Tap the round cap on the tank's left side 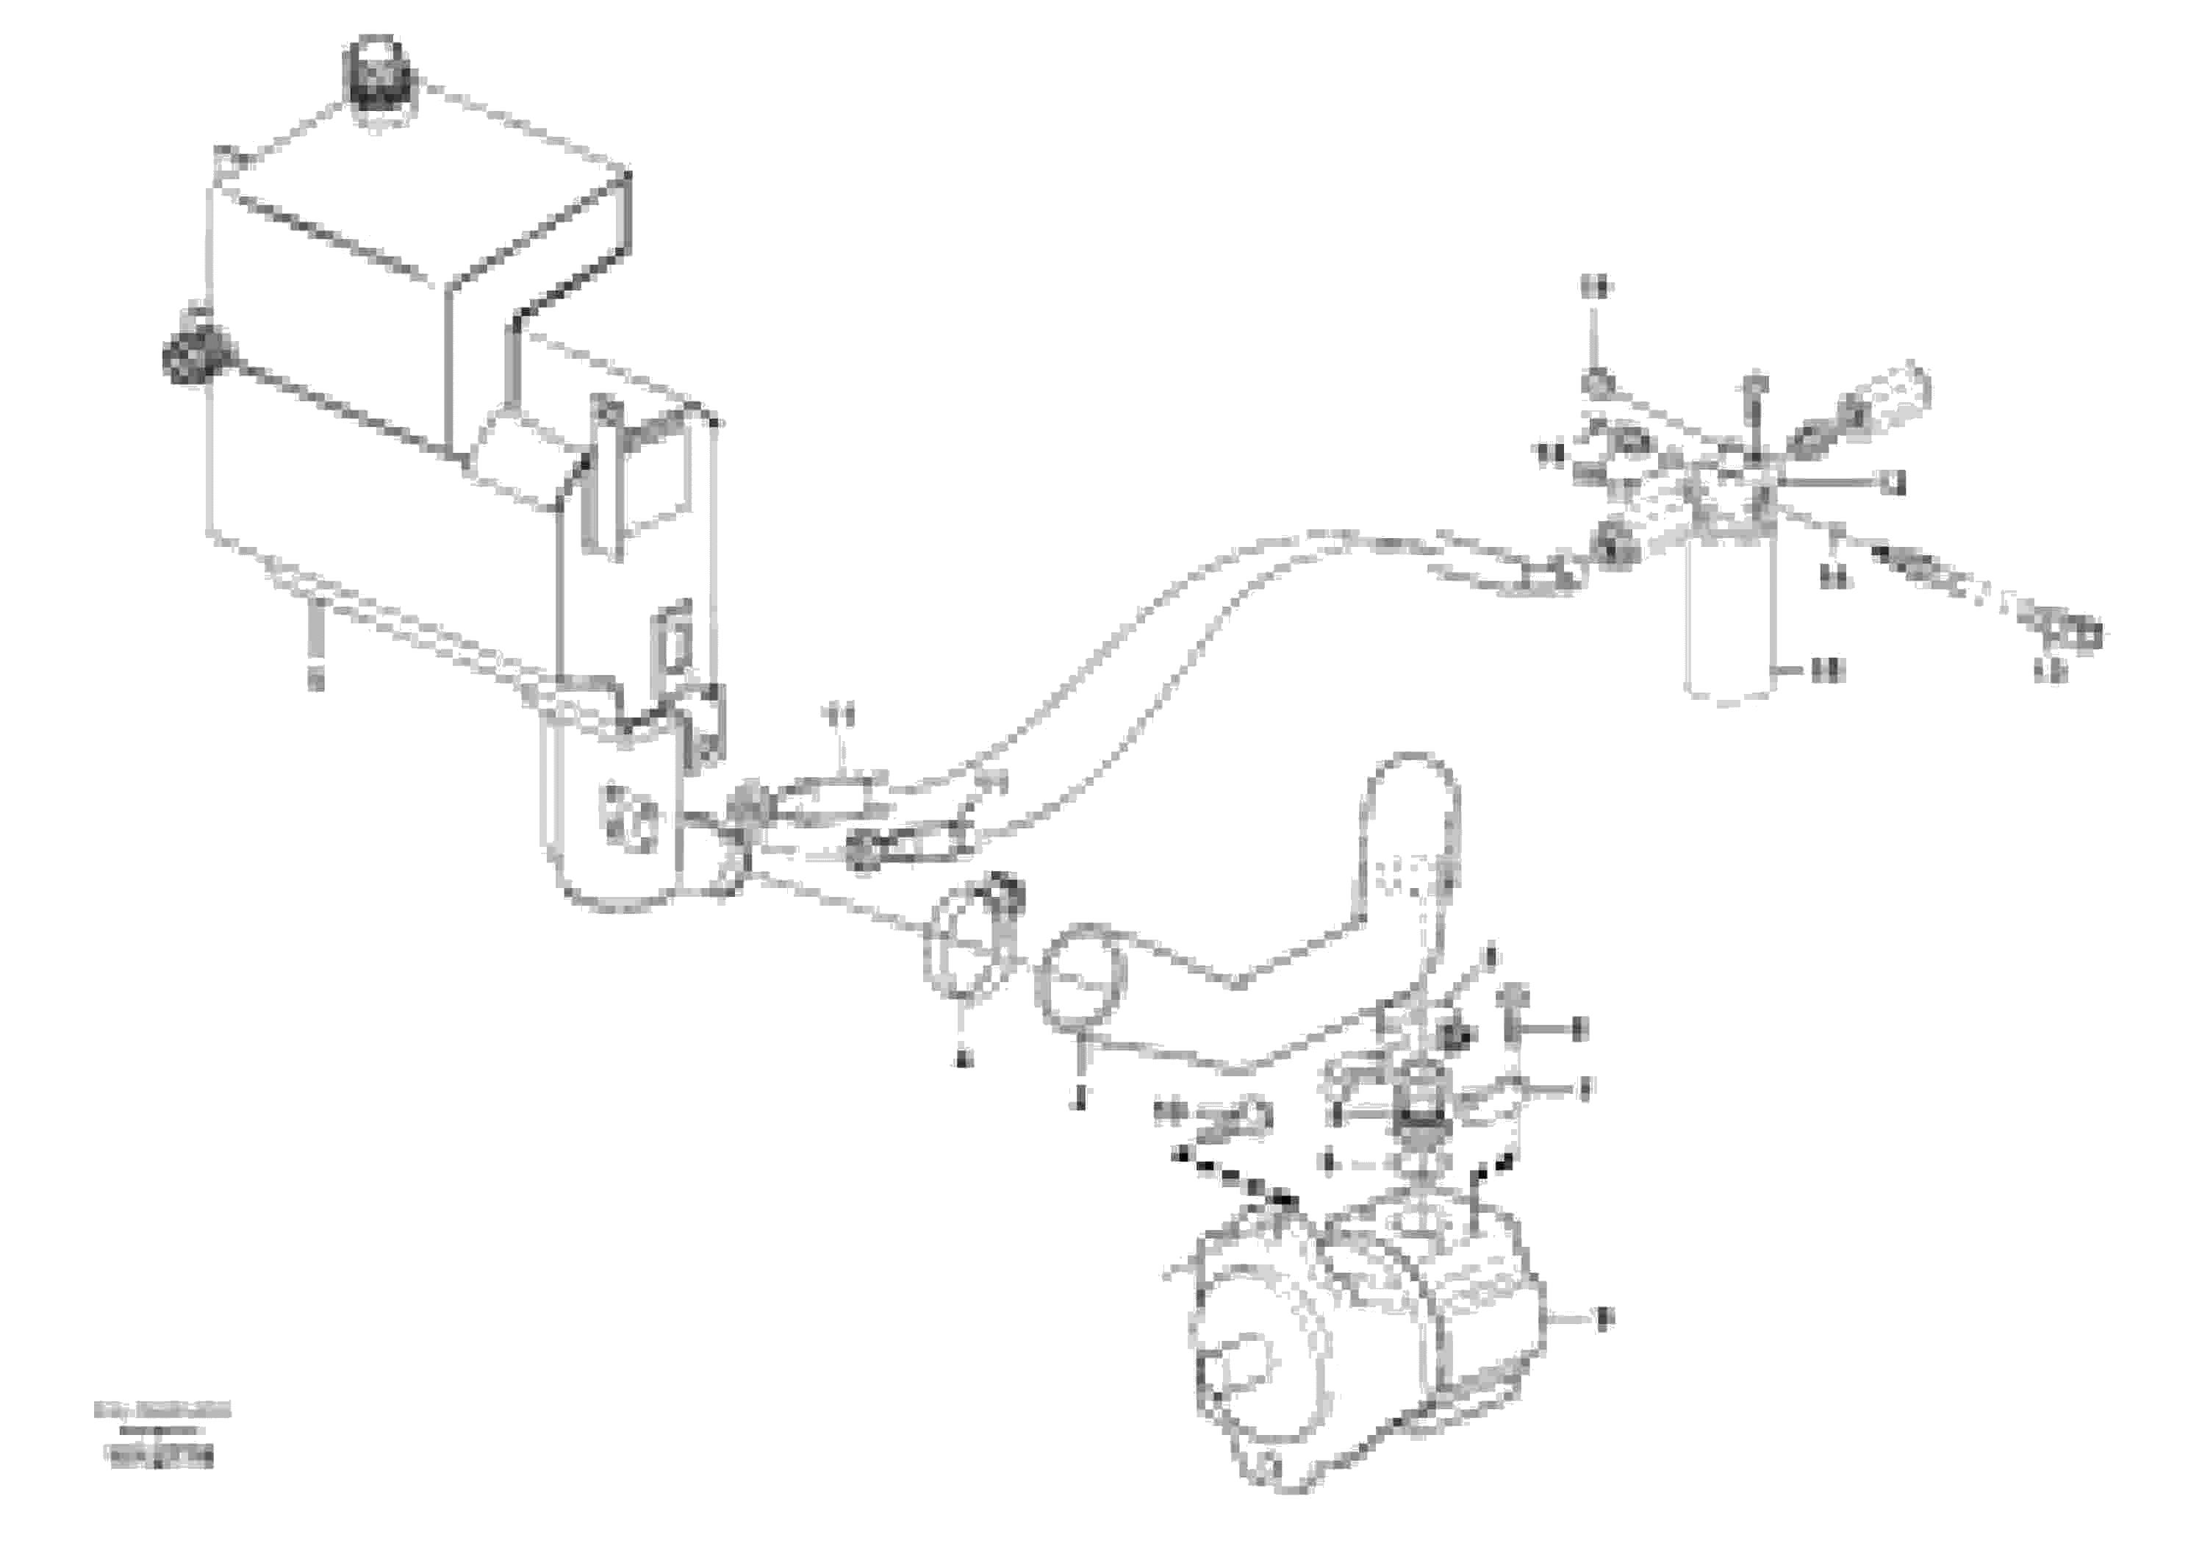[195, 354]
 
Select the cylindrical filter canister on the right [1729, 620]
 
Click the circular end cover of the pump [1249, 1373]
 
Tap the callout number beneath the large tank [315, 679]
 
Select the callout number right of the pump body [1602, 1318]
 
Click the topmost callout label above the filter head [1593, 285]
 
